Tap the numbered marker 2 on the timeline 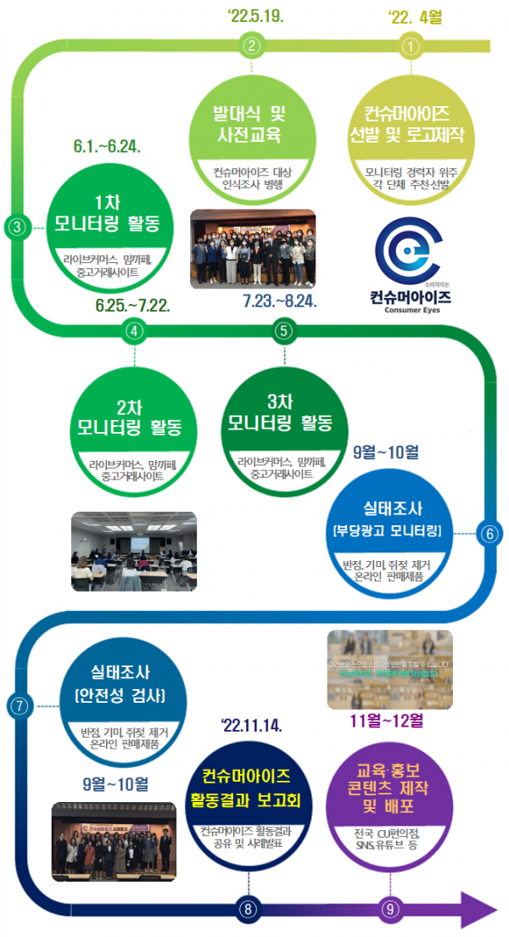point(251,46)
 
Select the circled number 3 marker point(18,226)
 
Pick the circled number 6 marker point(489,533)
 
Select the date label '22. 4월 point(415,16)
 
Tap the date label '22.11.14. point(251,726)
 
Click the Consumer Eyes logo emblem point(410,252)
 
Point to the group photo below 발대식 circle point(253,248)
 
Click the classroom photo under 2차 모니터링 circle point(134,540)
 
